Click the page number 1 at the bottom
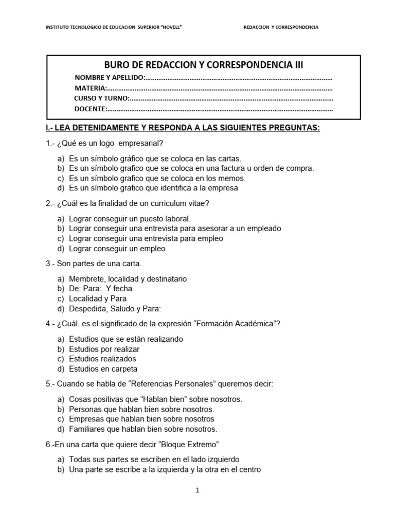pos(197,490)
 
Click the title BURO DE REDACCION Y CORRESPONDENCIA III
pos(204,64)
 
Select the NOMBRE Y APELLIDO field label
pos(110,78)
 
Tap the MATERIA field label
pos(91,88)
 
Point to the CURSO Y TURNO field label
pos(102,98)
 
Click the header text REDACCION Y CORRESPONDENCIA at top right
pos(280,27)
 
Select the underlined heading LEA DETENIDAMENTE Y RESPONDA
pos(183,128)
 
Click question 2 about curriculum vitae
pos(128,203)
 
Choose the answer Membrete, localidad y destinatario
pos(128,278)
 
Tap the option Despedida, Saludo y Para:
pos(115,309)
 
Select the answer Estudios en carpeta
pos(103,369)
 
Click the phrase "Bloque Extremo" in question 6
pos(193,444)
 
